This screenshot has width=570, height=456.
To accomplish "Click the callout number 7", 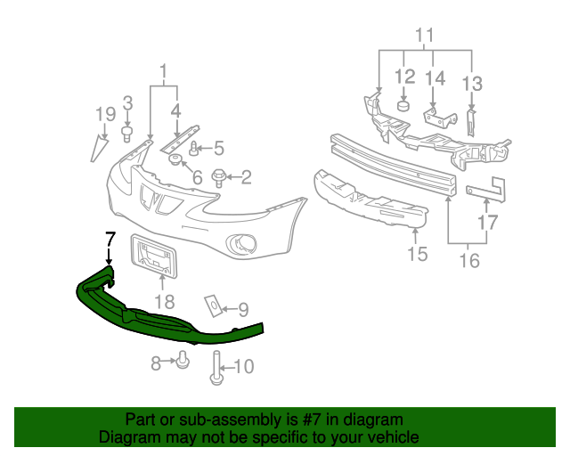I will [110, 238].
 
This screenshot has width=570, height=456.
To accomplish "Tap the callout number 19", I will [105, 113].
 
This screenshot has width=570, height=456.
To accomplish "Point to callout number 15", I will [417, 256].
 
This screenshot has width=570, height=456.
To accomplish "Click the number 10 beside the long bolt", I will [242, 365].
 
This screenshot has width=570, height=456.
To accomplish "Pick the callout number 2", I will [245, 177].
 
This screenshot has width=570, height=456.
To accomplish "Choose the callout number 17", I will [487, 223].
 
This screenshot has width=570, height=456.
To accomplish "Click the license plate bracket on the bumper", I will [157, 254].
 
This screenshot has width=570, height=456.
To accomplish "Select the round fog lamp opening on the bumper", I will [241, 241].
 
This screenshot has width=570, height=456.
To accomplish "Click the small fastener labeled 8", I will [183, 360].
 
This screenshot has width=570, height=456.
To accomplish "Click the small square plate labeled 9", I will [215, 305].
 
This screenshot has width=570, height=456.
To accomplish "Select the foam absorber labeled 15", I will [370, 200].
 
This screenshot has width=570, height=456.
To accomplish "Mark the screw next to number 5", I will [193, 149].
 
